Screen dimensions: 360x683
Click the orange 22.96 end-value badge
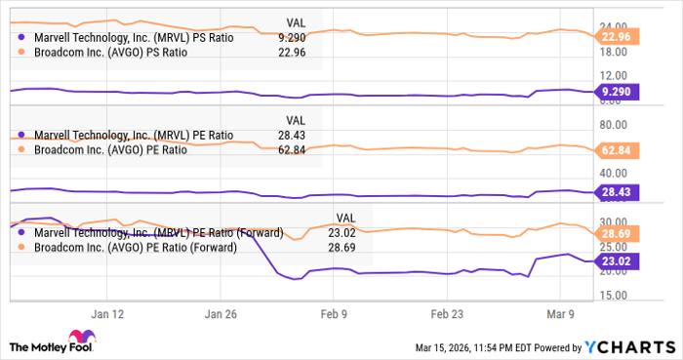pyautogui.click(x=619, y=37)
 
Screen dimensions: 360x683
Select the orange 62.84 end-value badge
pyautogui.click(x=619, y=151)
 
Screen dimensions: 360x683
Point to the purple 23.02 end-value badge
pyautogui.click(x=619, y=261)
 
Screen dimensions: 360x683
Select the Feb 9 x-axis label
pyautogui.click(x=333, y=315)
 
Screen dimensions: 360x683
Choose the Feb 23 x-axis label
pyautogui.click(x=447, y=315)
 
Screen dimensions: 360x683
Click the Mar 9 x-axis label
pyautogui.click(x=560, y=315)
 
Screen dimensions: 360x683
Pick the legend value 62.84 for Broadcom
pyautogui.click(x=293, y=149)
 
